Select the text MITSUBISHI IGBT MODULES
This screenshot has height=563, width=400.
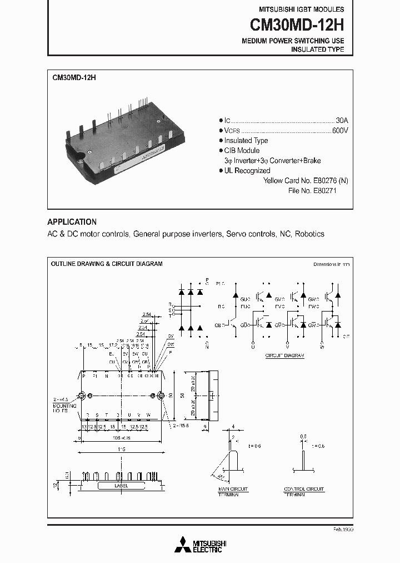(302, 9)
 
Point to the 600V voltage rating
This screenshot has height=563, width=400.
(340, 130)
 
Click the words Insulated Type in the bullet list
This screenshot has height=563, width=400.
(246, 141)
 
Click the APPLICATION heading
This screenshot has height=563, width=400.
(72, 221)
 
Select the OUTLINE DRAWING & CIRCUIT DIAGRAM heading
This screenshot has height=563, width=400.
(107, 264)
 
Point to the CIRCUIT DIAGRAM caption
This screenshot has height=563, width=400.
(285, 355)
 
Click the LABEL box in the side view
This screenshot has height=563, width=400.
(121, 485)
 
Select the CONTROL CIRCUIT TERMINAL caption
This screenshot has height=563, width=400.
(304, 492)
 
